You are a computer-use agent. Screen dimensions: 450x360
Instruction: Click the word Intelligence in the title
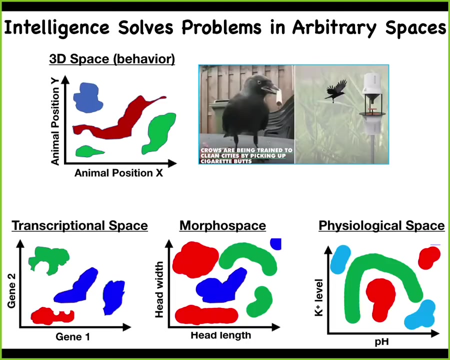point(56,28)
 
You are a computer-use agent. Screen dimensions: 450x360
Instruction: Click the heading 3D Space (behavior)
point(112,59)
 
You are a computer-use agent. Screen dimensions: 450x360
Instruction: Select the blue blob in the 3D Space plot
point(87,97)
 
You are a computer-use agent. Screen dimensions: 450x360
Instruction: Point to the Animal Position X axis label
point(118,173)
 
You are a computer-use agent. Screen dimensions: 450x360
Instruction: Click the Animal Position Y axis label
point(55,121)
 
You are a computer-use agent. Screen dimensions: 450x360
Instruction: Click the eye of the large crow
point(259,82)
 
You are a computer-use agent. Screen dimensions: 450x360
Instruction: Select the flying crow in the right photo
point(335,90)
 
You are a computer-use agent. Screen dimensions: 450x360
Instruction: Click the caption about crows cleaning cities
point(246,155)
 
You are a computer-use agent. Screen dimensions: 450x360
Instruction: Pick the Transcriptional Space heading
point(80,225)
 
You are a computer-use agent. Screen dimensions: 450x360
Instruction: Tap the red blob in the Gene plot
point(52,316)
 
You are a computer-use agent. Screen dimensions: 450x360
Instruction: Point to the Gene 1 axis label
point(72,336)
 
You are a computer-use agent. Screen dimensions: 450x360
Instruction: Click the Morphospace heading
point(222,225)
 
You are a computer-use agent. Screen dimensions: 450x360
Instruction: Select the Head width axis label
point(159,289)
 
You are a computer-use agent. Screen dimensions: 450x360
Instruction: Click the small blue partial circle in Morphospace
point(276,244)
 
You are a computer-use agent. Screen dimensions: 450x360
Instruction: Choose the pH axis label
point(382,342)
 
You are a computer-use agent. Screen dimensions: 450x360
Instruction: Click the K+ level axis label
point(319,297)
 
